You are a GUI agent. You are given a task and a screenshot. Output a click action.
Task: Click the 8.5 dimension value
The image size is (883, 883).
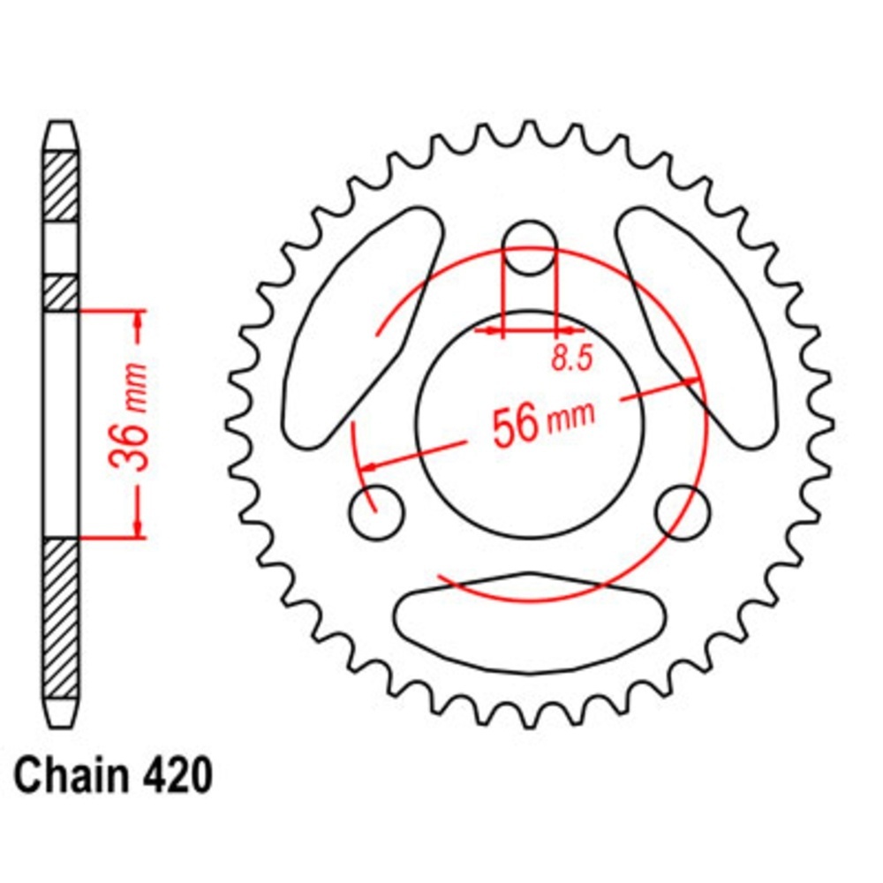pos(572,358)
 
